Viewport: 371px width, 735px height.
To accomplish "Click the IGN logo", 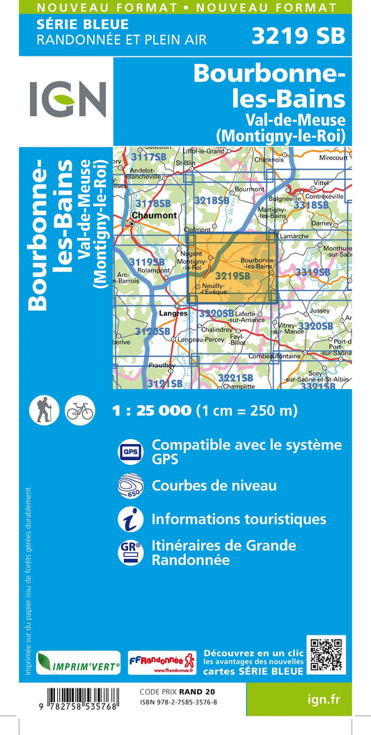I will pyautogui.click(x=68, y=100).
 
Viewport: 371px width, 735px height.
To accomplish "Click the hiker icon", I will pyautogui.click(x=44, y=411).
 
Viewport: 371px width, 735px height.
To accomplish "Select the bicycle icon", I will pyautogui.click(x=79, y=411).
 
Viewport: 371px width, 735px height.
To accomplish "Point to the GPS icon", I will pyautogui.click(x=130, y=451).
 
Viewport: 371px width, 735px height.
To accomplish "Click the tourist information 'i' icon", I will pyautogui.click(x=130, y=519).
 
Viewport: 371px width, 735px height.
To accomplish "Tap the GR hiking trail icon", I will pyautogui.click(x=130, y=553).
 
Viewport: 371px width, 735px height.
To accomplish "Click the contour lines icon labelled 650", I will pyautogui.click(x=130, y=485).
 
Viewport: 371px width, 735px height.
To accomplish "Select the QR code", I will pyautogui.click(x=326, y=654).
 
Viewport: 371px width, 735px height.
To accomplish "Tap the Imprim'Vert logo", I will pyautogui.click(x=78, y=663).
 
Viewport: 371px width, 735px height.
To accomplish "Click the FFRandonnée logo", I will pyautogui.click(x=162, y=662).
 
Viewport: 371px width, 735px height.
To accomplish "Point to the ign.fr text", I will pyautogui.click(x=324, y=698).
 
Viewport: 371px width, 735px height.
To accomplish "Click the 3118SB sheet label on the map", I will pyautogui.click(x=153, y=203).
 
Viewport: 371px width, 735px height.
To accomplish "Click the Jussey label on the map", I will pyautogui.click(x=320, y=310).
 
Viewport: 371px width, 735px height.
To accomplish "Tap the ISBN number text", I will pyautogui.click(x=178, y=702).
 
